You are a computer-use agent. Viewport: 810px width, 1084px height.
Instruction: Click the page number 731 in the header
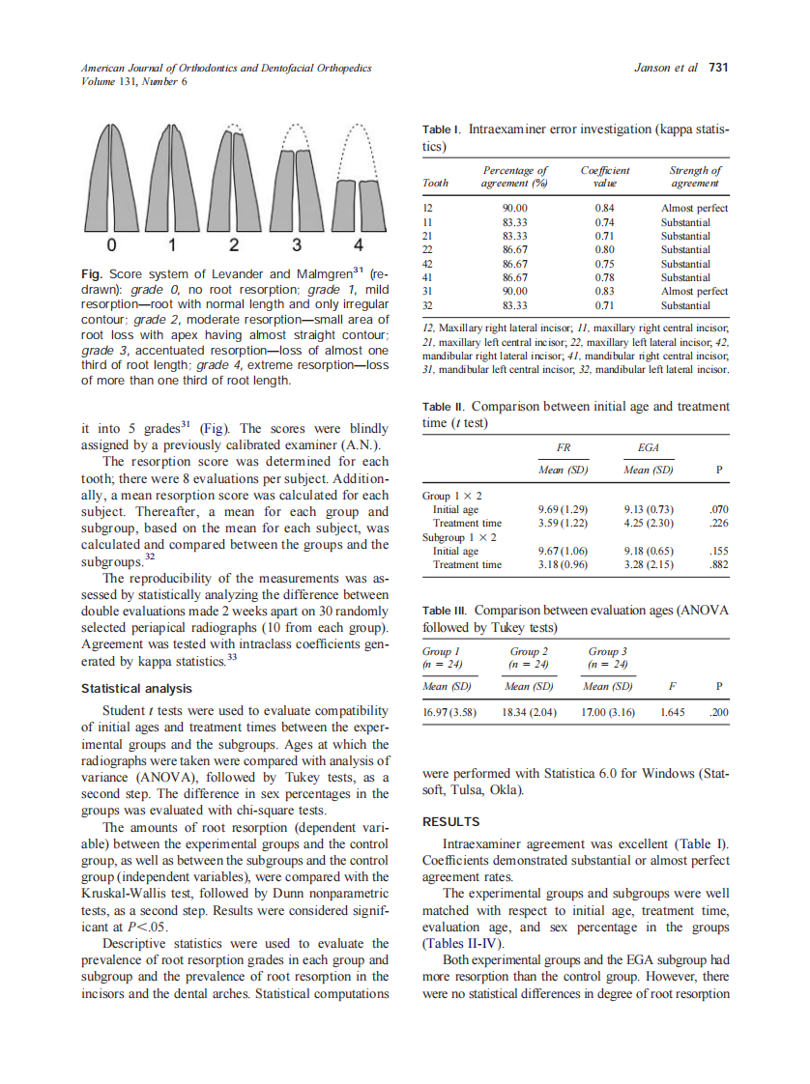[x=717, y=68]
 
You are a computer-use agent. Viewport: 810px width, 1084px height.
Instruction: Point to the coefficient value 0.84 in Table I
[x=605, y=208]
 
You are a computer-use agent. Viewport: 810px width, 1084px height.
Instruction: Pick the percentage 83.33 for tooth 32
[x=515, y=304]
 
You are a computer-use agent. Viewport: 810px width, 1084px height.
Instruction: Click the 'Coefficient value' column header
[x=605, y=177]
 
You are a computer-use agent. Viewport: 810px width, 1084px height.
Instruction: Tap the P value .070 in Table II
[x=717, y=509]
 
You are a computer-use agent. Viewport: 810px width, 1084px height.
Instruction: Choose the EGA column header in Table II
[x=649, y=448]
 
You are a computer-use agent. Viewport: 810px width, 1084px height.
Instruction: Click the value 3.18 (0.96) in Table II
[x=563, y=564]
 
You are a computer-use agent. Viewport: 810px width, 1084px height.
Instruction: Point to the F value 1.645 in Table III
[x=672, y=712]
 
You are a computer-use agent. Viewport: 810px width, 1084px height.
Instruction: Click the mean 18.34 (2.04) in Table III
[x=529, y=712]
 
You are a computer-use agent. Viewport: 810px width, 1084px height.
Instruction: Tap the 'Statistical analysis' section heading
[x=136, y=689]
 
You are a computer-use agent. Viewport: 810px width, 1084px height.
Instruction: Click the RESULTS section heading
[x=450, y=822]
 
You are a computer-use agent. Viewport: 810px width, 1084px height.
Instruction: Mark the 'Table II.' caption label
[x=445, y=408]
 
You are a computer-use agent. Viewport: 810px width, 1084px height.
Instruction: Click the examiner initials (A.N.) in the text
[x=353, y=445]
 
